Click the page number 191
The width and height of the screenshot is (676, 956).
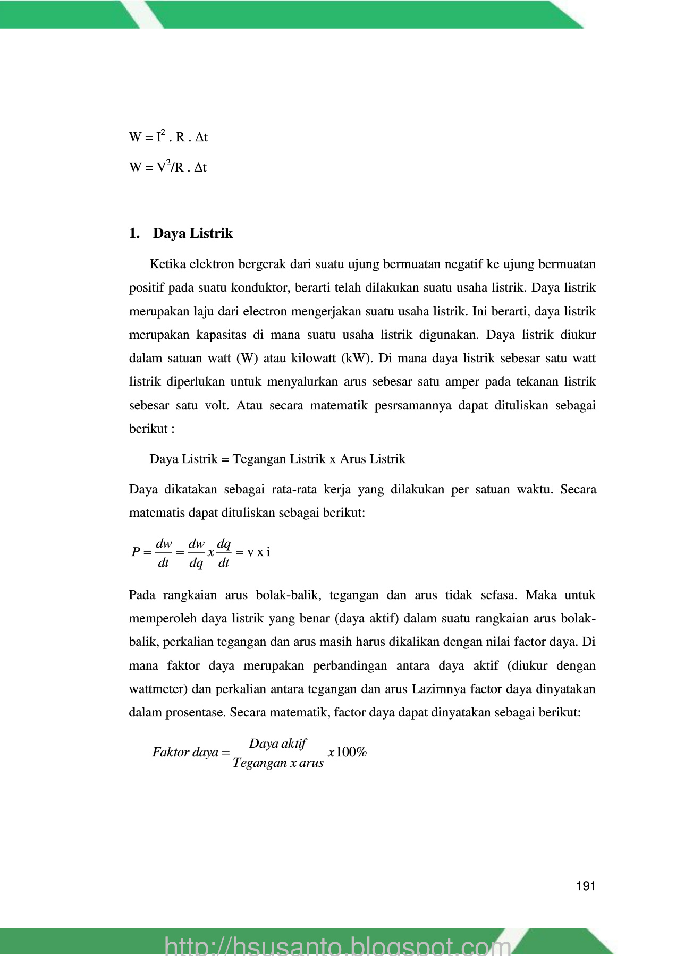[x=585, y=886]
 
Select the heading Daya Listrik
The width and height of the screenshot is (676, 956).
[x=192, y=234]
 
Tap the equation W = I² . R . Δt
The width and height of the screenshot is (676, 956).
[x=168, y=136]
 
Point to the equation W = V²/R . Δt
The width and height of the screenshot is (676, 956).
[x=167, y=167]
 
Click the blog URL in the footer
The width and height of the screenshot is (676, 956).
[x=338, y=945]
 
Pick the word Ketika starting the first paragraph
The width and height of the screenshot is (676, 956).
[x=167, y=264]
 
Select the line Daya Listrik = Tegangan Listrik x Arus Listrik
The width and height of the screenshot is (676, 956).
[x=277, y=459]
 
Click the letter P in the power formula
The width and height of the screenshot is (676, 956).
[x=136, y=552]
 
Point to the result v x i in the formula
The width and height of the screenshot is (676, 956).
[x=259, y=552]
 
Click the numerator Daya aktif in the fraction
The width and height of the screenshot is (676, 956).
[x=277, y=744]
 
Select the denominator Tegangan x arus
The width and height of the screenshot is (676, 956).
[x=278, y=763]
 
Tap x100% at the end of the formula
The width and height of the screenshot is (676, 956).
[x=348, y=752]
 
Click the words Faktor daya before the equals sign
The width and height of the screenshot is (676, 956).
[x=185, y=752]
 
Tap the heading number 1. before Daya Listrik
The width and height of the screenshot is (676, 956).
[x=134, y=234]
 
